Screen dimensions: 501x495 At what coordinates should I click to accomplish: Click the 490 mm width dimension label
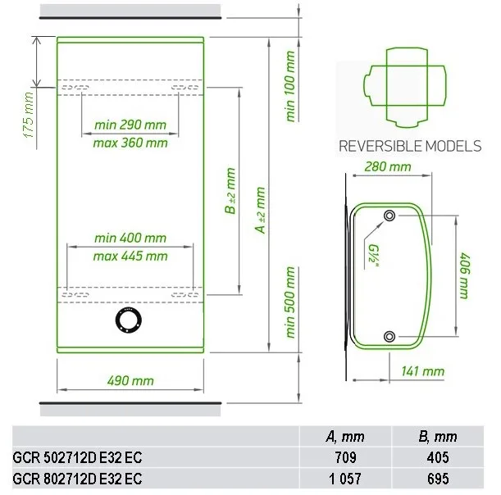[130, 380]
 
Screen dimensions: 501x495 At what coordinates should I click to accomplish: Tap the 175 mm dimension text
[29, 115]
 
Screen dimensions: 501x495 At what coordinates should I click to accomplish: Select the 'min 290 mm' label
[130, 125]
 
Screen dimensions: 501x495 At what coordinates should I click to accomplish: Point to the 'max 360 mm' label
[130, 143]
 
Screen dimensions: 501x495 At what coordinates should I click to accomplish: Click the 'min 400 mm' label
[130, 238]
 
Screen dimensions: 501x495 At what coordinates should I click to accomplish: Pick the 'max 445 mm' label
[130, 257]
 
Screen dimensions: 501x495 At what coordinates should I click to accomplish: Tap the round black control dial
[129, 321]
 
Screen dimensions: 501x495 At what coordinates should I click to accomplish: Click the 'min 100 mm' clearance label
[289, 86]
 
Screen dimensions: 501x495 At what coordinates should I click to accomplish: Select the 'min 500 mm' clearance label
[289, 302]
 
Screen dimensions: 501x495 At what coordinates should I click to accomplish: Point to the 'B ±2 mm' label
[230, 191]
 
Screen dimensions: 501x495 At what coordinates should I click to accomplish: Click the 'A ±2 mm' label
[261, 210]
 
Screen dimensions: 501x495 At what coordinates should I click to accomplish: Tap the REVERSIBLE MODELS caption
[410, 146]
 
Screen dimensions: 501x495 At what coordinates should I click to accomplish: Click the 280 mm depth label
[388, 166]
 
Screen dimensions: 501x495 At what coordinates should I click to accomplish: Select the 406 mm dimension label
[464, 276]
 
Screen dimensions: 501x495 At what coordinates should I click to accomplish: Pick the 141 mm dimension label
[423, 371]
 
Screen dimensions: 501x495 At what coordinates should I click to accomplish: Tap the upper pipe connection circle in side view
[389, 216]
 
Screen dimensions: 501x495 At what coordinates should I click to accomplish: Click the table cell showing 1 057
[345, 479]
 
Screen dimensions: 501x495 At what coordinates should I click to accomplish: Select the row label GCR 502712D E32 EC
[77, 457]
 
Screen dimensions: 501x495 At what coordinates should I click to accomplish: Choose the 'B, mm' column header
[437, 437]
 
